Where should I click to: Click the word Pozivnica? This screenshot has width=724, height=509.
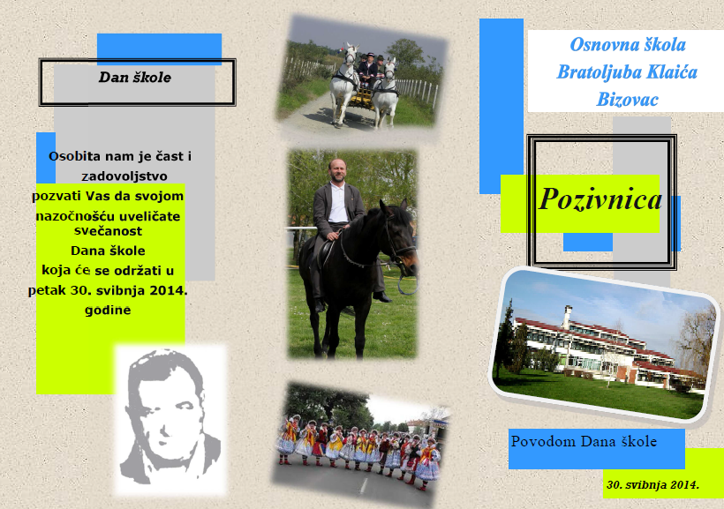point(600,199)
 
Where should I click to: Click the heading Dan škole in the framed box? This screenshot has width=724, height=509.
point(135,77)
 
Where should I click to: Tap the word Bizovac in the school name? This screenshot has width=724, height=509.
point(627,99)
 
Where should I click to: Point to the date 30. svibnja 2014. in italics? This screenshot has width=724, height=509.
point(652,484)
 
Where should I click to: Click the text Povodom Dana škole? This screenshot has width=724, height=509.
point(584,442)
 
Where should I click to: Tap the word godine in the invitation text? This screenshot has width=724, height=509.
point(108,311)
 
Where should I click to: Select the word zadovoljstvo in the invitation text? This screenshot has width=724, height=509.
point(124,176)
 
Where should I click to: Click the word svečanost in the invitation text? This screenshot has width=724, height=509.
point(108,231)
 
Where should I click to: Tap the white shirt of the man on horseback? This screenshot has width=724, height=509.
point(338,203)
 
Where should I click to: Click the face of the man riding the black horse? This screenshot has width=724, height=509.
point(337,171)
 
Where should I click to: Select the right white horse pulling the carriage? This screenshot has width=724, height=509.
point(386,93)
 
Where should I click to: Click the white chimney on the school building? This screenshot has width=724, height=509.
point(567,316)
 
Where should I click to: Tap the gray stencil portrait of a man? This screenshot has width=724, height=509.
point(169,417)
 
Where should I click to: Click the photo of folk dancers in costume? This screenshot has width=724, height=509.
point(360,443)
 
